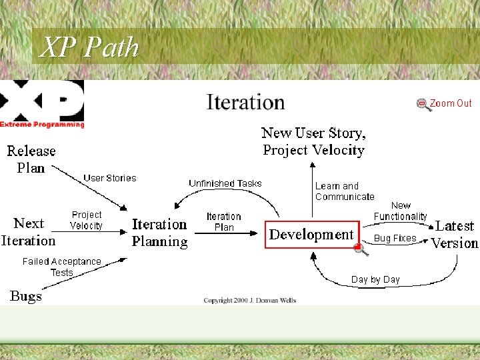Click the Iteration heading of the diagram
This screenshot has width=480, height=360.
[x=245, y=102]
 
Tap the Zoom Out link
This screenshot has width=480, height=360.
[x=451, y=103]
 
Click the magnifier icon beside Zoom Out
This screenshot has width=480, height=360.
[x=423, y=105]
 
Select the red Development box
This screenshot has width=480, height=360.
[x=312, y=235]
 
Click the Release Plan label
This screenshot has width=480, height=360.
[x=31, y=159]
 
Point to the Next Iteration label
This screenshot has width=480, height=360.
[x=28, y=232]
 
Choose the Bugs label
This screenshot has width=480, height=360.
[x=26, y=296]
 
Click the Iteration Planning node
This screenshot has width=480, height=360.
[x=159, y=233]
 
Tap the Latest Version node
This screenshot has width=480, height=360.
[x=455, y=235]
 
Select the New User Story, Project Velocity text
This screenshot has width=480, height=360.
[x=313, y=141]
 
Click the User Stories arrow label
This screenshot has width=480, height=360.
[x=109, y=178]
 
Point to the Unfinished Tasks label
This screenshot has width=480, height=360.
[x=225, y=183]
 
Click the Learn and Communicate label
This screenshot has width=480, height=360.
[x=344, y=191]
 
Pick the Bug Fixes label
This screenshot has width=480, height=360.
[x=395, y=238]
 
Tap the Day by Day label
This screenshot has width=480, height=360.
[x=375, y=279]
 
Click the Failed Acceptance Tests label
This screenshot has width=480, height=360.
[x=61, y=267]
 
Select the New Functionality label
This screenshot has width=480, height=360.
[x=401, y=211]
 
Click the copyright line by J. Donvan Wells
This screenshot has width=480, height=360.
[x=250, y=301]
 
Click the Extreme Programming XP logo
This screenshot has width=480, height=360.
[x=42, y=104]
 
